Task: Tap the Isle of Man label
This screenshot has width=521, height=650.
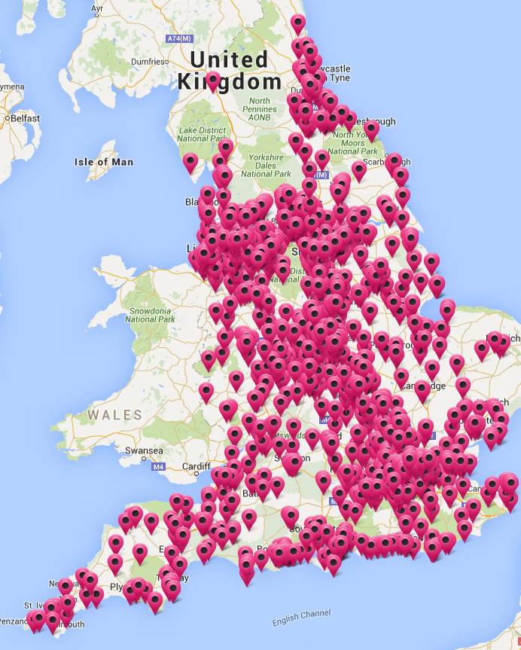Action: click(x=104, y=162)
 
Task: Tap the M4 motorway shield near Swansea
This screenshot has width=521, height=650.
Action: click(x=158, y=468)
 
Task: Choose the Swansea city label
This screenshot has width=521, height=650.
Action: click(x=144, y=450)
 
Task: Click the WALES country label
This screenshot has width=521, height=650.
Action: click(x=114, y=415)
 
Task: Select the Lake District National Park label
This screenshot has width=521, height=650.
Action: click(x=202, y=134)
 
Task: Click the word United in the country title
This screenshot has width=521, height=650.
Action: click(x=228, y=60)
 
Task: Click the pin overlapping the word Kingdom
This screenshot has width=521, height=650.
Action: click(x=213, y=81)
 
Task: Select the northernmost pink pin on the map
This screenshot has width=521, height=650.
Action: click(x=298, y=23)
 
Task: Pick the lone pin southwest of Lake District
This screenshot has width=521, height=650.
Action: click(x=190, y=162)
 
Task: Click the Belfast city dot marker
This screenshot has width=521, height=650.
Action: click(x=6, y=118)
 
